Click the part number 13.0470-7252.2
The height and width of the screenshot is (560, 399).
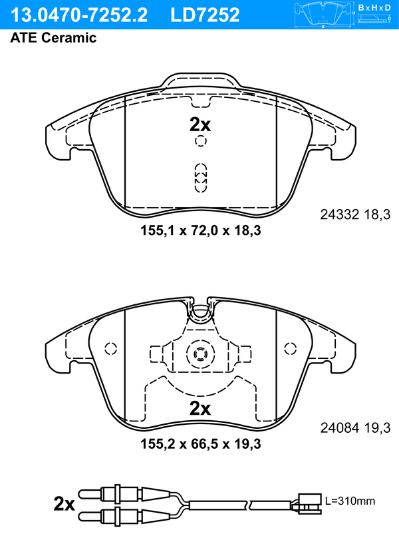(x=79, y=15)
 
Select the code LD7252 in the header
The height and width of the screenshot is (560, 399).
(x=205, y=15)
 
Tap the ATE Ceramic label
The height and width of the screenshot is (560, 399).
(x=53, y=37)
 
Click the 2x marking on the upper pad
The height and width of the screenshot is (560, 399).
(x=200, y=125)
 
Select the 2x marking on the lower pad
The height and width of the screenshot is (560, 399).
(x=200, y=408)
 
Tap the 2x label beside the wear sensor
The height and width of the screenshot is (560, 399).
(x=65, y=503)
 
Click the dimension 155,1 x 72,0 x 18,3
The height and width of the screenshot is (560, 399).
(x=201, y=230)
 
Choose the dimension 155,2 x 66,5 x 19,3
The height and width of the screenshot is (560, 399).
(x=201, y=444)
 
